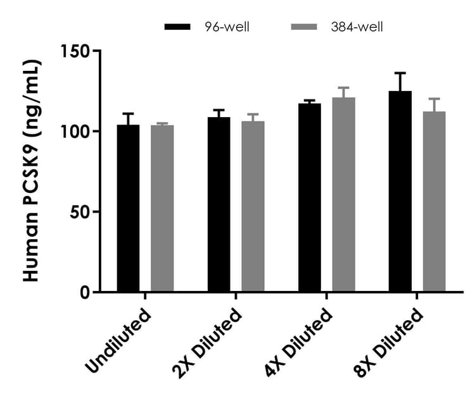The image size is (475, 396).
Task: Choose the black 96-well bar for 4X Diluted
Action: point(309,197)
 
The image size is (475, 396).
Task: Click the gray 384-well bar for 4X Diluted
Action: point(343,195)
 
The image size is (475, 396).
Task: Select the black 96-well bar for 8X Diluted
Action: point(400,191)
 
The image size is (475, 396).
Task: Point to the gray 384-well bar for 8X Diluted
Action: point(434,201)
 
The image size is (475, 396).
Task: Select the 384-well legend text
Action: point(355,27)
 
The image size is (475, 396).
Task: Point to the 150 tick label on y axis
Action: point(76,51)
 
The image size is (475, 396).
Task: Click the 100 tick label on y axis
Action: point(76,132)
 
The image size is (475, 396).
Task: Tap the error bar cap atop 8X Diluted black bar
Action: point(400,73)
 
